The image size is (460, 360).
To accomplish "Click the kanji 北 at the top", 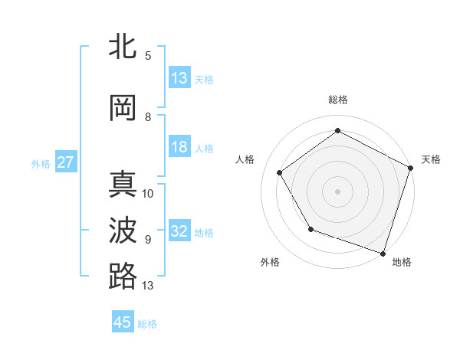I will [x=123, y=47].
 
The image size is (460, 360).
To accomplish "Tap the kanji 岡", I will [x=123, y=108].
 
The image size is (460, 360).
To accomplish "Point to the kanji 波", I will [x=123, y=230].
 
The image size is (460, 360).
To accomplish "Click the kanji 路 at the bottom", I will [x=123, y=276].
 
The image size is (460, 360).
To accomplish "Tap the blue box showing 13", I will [x=179, y=78].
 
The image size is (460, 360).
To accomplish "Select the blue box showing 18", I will [x=179, y=147].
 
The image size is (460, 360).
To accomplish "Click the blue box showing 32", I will [x=179, y=231].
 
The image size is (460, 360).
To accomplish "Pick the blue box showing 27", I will [x=65, y=162].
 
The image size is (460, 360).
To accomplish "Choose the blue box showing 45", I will [x=123, y=322].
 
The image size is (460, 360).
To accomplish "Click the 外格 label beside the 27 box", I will [x=41, y=163].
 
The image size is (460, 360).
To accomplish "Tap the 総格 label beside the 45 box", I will [x=147, y=324].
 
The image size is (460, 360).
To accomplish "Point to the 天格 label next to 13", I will [x=204, y=79].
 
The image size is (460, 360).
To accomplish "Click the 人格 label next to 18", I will [x=204, y=148].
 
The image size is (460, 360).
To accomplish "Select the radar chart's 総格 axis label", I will [x=338, y=100].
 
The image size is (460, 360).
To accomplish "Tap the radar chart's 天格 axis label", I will [x=432, y=159].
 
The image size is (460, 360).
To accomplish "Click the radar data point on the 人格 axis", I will [x=280, y=172].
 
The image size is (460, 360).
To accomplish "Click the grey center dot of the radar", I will [x=338, y=191].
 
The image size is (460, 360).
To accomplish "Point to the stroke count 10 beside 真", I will [x=148, y=193].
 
